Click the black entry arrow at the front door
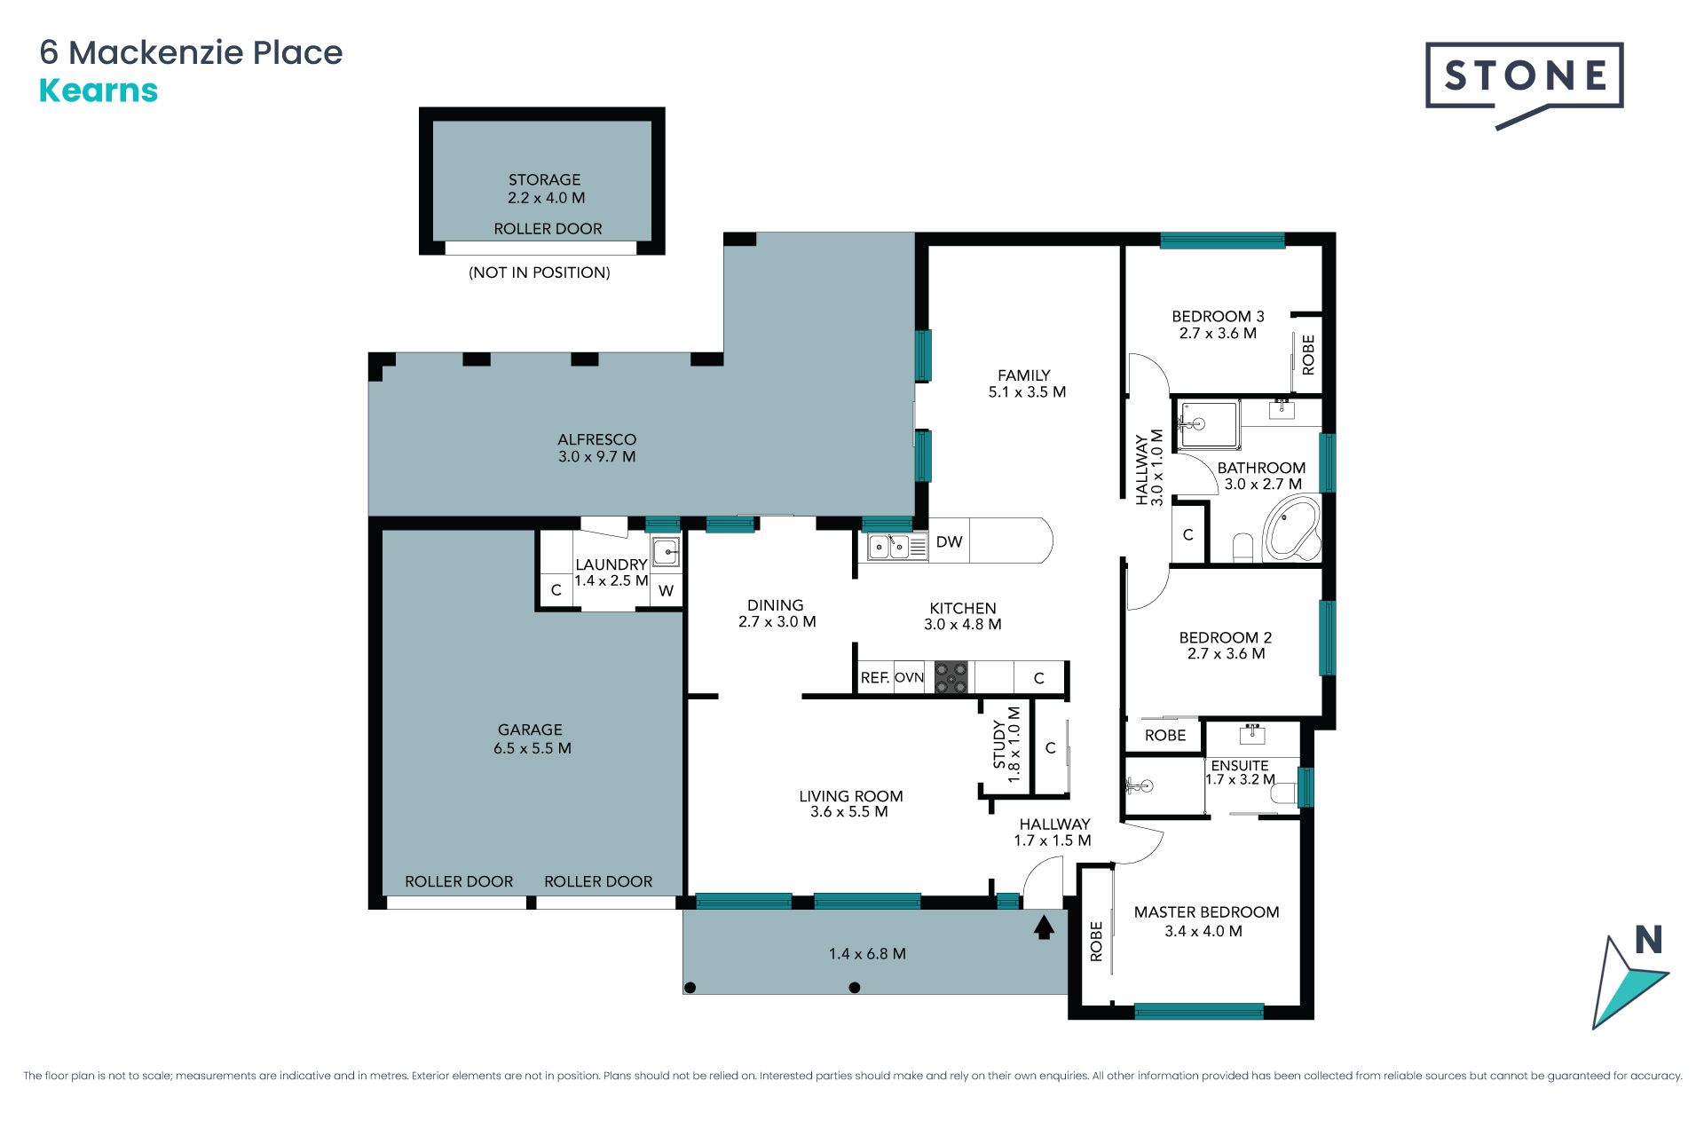(x=1044, y=927)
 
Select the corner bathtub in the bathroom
(x=1291, y=529)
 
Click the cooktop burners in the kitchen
(x=951, y=677)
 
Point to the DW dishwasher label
(x=949, y=541)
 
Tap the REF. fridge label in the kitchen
(x=875, y=677)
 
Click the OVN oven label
(x=909, y=677)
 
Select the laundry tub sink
(x=666, y=551)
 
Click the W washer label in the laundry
(x=666, y=590)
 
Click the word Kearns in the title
(x=99, y=91)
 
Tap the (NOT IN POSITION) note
(x=540, y=272)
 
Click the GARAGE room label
(x=530, y=730)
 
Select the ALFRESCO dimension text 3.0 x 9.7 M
(x=596, y=456)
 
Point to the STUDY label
(x=999, y=744)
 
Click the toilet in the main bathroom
(x=1242, y=548)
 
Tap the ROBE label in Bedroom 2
(x=1165, y=735)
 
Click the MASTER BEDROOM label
(x=1206, y=911)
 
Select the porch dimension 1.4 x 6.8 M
(x=867, y=953)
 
